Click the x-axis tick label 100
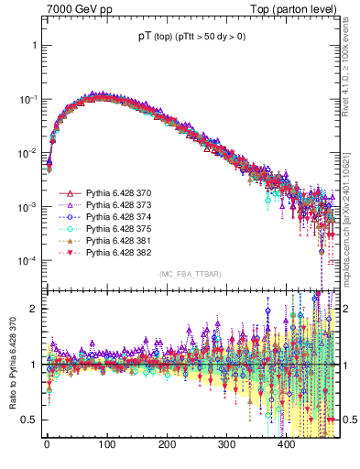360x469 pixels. (106, 444)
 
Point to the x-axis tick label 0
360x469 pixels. (47, 444)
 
